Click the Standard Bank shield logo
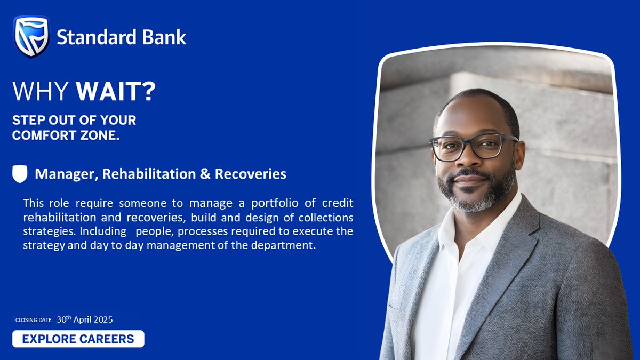click(31, 36)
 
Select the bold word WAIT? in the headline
click(116, 92)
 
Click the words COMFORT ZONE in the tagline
click(66, 135)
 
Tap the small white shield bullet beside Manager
click(20, 174)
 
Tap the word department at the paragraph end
click(292, 245)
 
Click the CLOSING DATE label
click(34, 321)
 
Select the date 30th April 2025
click(84, 319)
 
